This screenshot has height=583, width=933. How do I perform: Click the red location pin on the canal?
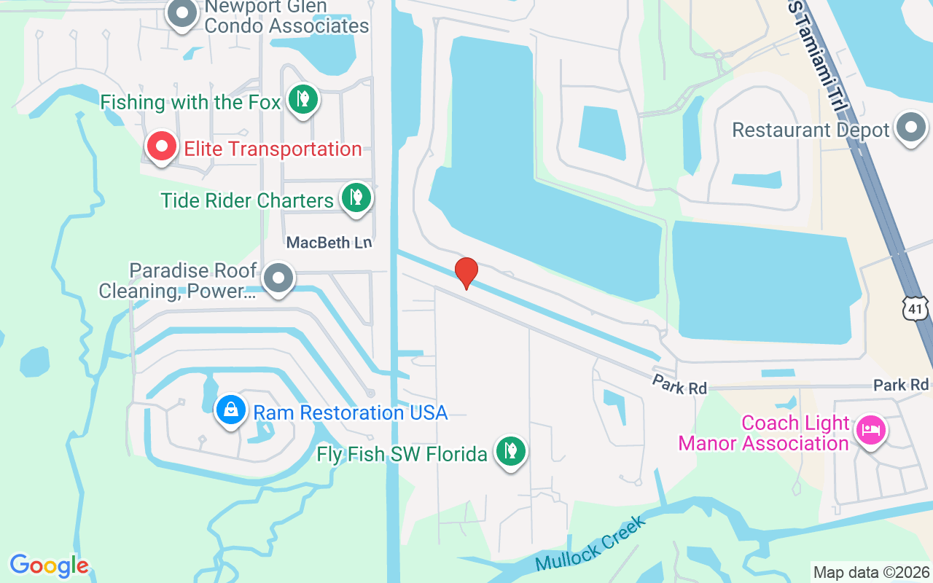coord(466,273)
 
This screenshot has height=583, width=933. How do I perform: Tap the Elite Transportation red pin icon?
coord(162,147)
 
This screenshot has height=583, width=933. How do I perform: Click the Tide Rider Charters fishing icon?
coord(356,197)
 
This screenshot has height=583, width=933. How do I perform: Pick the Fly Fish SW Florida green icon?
coord(511,452)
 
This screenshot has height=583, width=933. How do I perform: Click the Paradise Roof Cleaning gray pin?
coord(278,278)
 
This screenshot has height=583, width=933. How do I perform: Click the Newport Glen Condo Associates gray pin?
coord(182,14)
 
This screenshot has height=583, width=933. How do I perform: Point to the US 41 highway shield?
coord(916,308)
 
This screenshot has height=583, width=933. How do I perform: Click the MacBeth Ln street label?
coord(329,243)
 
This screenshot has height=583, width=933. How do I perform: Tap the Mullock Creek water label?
coord(590,544)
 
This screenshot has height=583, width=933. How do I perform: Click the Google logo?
coord(49,566)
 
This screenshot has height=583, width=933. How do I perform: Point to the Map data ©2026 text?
coord(872,572)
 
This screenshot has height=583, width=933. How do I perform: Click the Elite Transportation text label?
coord(273,149)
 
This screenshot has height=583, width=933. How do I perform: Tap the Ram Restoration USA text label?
coord(350,412)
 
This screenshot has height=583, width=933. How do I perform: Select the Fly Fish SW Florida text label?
coord(402,455)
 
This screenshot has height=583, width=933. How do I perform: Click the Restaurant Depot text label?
coord(811,130)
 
